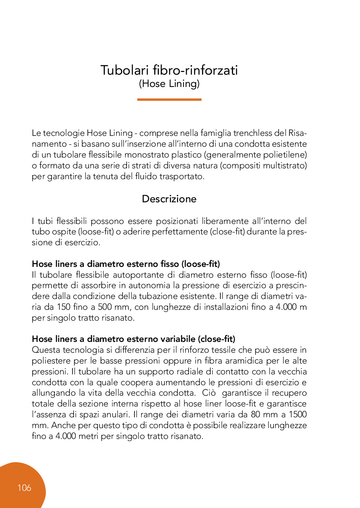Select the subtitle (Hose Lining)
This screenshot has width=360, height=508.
point(169,84)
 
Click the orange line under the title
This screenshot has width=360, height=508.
point(169,100)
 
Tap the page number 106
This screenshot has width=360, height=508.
point(24,487)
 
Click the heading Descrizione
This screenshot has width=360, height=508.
point(169,199)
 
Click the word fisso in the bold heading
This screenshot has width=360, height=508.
point(170,264)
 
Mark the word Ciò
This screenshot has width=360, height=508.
point(209,393)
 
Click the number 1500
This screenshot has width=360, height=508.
point(298,415)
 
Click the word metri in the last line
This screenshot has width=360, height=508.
point(89,436)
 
